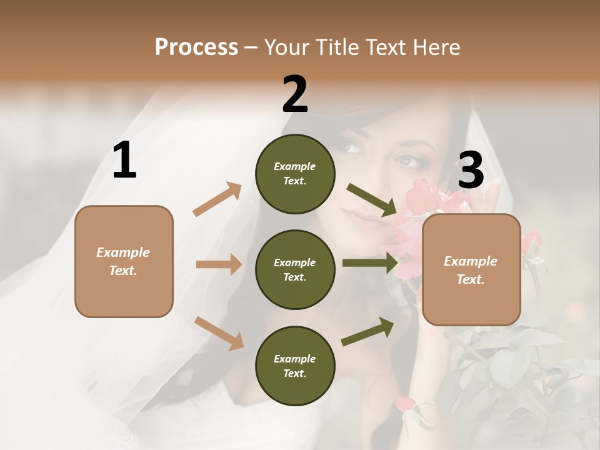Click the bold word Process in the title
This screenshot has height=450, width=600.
coord(196,47)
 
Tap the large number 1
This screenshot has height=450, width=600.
coord(124,161)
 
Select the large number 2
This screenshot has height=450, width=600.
coord(295,94)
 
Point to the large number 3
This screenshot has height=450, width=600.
coord(471,170)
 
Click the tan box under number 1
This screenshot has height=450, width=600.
coord(124,261)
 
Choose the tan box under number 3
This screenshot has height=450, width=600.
coord(471,269)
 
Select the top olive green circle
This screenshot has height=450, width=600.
coord(295,174)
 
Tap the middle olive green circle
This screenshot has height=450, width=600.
coord(295,269)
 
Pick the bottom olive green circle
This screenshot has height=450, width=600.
coord(295,366)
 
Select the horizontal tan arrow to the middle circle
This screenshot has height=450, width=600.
coord(219,264)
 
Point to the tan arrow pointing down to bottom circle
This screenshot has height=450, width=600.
coord(219,332)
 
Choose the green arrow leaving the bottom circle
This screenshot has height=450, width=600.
coord(367,331)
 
